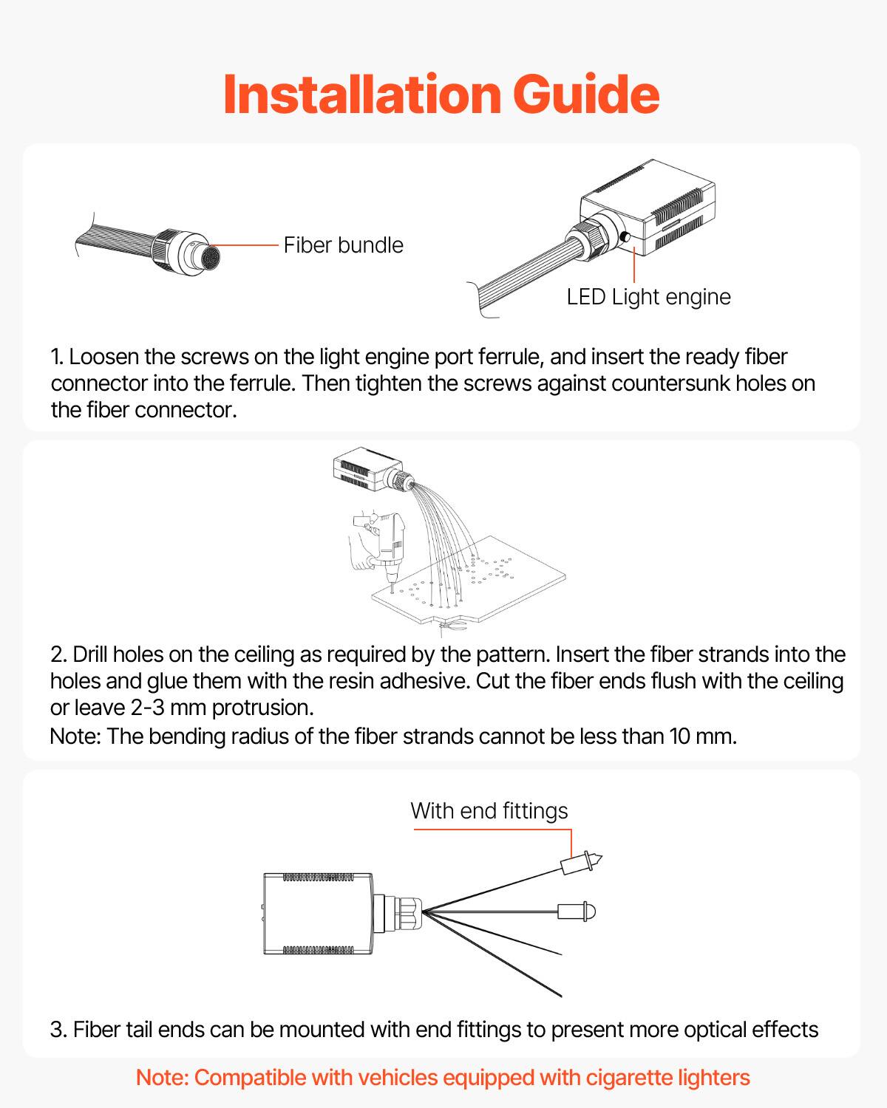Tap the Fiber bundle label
[x=343, y=245]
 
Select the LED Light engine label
[x=648, y=297]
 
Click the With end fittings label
[x=489, y=811]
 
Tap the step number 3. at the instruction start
[x=58, y=1030]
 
